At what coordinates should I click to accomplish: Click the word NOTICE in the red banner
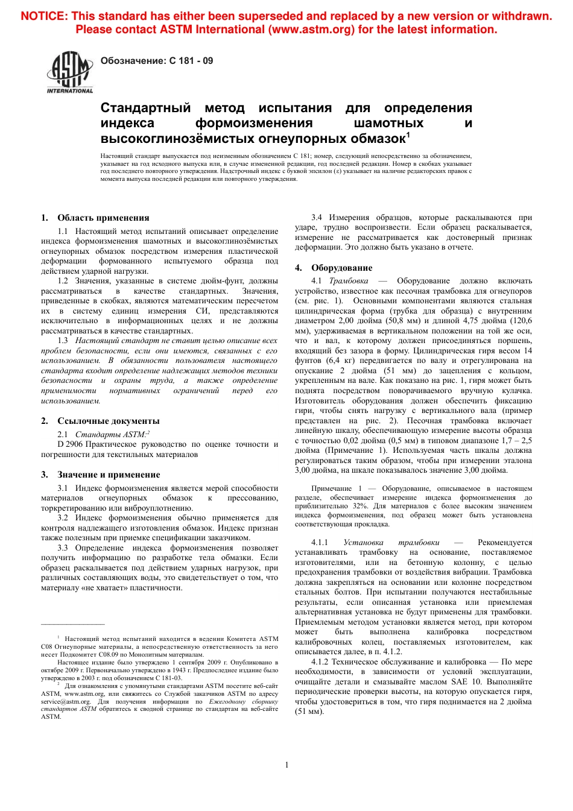[x=43, y=17]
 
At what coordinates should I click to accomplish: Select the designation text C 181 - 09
[x=191, y=61]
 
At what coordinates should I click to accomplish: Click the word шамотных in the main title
[x=388, y=124]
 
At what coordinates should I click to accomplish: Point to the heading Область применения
[x=103, y=218]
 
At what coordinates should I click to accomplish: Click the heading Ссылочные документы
[x=108, y=421]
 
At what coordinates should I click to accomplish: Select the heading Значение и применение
[x=109, y=475]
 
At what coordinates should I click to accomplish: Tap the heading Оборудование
[x=341, y=268]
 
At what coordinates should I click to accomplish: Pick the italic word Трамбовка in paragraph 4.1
[x=349, y=281]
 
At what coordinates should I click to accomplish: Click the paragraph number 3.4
[x=317, y=218]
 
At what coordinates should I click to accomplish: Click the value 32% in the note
[x=360, y=506]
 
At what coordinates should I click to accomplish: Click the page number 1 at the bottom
[x=286, y=765]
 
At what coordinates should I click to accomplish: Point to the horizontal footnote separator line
[x=72, y=624]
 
